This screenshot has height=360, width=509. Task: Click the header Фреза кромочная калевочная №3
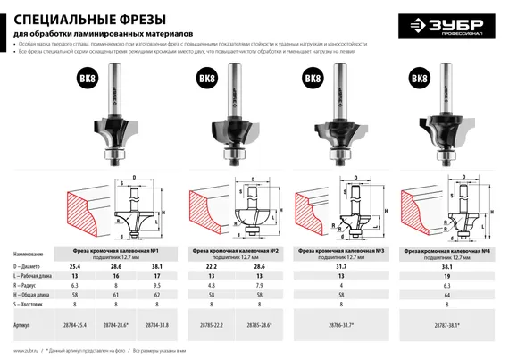(339, 249)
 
